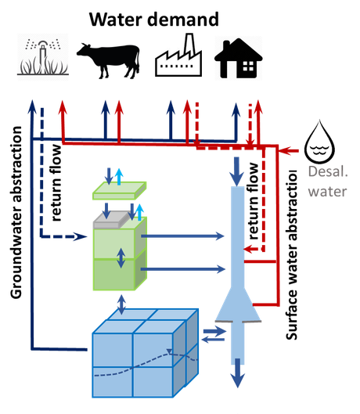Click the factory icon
[178, 56]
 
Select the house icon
[238, 58]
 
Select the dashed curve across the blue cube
[141, 365]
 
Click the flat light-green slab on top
[119, 191]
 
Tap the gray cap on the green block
[117, 221]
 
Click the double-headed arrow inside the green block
[121, 257]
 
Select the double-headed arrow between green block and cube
[121, 303]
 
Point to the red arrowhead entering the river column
[249, 250]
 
